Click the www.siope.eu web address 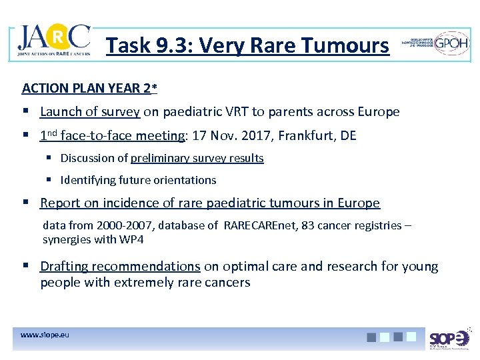tap(45, 334)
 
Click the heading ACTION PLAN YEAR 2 tap(89, 88)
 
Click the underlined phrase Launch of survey tap(90, 112)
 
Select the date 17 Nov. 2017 tap(231, 136)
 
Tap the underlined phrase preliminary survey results tap(197, 159)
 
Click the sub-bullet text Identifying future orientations tap(138, 180)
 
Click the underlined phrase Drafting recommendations tap(120, 267)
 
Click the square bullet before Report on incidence tap(26, 203)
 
